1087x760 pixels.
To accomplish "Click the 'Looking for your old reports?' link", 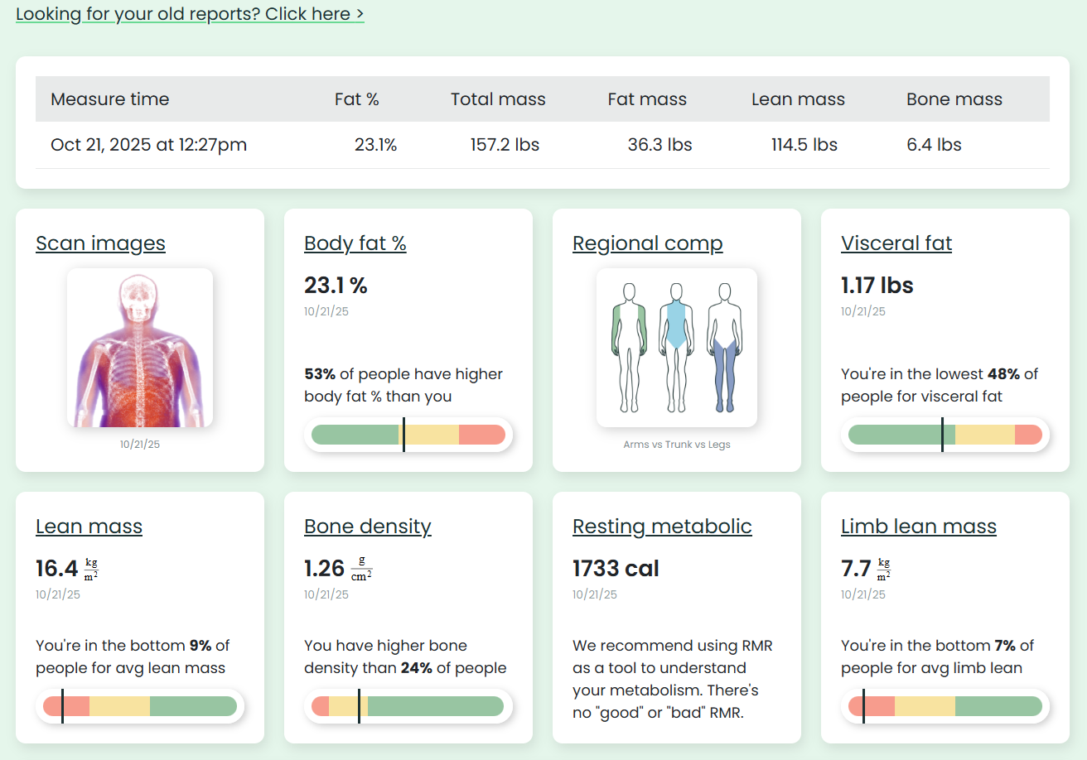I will coord(189,14).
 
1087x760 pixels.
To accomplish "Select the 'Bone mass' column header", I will coord(954,99).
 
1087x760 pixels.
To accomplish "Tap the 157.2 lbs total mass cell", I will coord(505,145).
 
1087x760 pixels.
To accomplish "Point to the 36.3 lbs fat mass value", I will coord(659,145).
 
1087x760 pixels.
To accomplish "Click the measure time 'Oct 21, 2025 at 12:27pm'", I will coord(148,145).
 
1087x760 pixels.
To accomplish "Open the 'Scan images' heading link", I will coord(100,243).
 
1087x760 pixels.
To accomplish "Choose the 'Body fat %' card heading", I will coord(355,243).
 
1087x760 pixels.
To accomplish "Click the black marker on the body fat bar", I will coord(403,435).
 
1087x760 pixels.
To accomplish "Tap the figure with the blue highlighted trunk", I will coord(677,348).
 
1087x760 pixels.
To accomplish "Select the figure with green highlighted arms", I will coord(629,348).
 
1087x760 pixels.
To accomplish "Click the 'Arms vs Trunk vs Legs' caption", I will coord(676,445).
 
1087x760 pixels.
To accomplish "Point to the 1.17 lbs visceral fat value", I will coord(877,286).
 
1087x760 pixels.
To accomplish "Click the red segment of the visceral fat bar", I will coord(1028,435).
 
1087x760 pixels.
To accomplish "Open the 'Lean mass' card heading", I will coord(89,527).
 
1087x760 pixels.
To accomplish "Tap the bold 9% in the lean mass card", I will coord(200,646).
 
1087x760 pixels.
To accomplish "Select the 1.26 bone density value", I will coord(324,569).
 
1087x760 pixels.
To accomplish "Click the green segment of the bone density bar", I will coord(435,706).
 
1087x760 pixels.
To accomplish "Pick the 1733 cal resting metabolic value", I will coord(616,569).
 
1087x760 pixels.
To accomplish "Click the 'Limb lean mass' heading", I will coord(918,527).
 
